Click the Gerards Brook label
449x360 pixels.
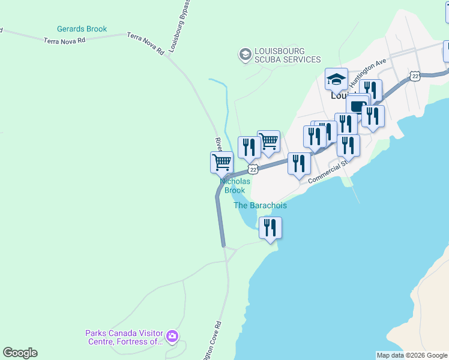click(82, 29)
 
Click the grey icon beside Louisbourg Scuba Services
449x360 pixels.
click(244, 55)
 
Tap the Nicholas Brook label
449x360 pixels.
click(234, 185)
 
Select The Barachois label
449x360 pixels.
click(260, 205)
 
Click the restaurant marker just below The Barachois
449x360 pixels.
click(270, 228)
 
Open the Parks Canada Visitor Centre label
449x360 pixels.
click(124, 337)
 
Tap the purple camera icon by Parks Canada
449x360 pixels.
click(172, 336)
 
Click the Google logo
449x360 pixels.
click(20, 353)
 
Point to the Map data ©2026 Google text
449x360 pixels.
click(412, 355)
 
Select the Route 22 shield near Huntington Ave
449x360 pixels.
click(415, 76)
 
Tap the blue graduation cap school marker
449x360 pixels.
click(336, 79)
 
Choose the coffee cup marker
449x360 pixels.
click(357, 106)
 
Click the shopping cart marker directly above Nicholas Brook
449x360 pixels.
click(221, 162)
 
